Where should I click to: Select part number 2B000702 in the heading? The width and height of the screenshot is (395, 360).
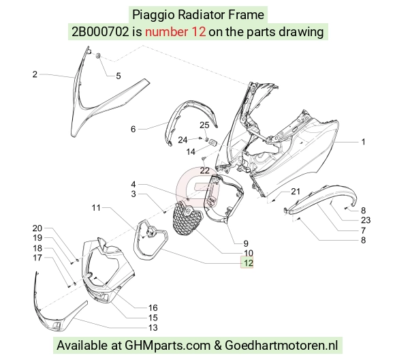click(x=100, y=32)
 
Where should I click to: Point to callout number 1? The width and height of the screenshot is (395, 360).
click(x=363, y=142)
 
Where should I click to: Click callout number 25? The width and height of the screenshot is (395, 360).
click(x=204, y=125)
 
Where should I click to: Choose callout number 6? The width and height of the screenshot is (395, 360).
click(x=133, y=129)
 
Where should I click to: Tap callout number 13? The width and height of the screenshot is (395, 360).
click(x=153, y=327)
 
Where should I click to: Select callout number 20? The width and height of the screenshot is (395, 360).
click(x=37, y=228)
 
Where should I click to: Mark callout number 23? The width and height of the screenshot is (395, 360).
click(x=366, y=220)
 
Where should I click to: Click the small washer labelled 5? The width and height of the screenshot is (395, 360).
click(x=98, y=56)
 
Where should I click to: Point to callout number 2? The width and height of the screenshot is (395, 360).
click(x=35, y=74)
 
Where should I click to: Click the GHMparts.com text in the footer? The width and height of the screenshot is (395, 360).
click(x=168, y=345)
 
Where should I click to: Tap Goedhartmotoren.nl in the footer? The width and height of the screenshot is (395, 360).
click(x=281, y=345)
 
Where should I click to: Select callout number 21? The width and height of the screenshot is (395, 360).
click(x=296, y=192)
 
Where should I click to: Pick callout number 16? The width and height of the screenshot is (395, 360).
click(x=153, y=307)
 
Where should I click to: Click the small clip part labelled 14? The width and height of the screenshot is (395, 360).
click(x=213, y=142)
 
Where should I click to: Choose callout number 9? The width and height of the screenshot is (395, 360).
click(x=246, y=243)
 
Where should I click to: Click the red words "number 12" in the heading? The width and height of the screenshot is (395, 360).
click(x=175, y=32)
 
